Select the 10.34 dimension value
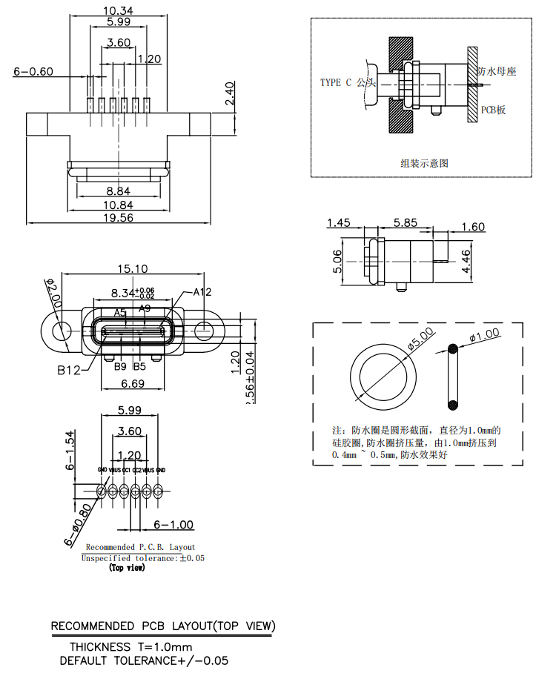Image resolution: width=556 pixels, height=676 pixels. (118, 10)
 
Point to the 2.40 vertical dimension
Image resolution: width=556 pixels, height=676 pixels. (230, 94)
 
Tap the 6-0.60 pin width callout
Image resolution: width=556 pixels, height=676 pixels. (33, 72)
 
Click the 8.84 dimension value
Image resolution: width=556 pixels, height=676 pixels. (119, 190)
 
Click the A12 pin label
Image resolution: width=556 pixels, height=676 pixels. (202, 292)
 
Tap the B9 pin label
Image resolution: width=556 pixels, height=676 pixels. (119, 366)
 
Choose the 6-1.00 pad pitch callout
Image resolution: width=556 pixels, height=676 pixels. (173, 525)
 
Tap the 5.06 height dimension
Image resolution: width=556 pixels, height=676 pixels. (337, 261)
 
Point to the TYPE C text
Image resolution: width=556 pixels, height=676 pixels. (337, 82)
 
